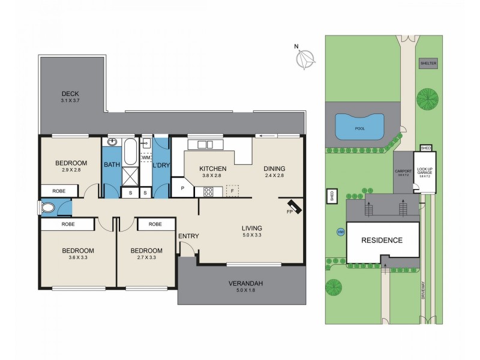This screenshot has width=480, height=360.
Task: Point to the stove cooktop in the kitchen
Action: tap(209, 192)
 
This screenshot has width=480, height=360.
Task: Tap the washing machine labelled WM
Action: tap(146, 158)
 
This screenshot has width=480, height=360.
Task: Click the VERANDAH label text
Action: tap(245, 283)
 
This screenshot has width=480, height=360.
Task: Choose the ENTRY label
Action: tap(188, 236)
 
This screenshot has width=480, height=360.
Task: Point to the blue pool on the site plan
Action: tap(359, 126)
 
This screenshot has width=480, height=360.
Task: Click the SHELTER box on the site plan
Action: tap(428, 62)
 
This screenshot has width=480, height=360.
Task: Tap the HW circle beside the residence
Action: tap(341, 232)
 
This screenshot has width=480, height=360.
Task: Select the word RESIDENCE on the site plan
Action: tap(381, 240)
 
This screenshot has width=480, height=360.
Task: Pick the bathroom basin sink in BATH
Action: tap(112, 143)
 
